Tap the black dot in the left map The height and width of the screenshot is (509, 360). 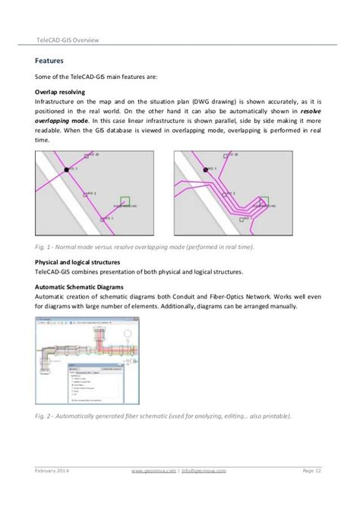[67, 169]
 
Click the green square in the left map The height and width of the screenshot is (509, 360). [125, 203]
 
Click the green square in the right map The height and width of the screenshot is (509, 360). [263, 203]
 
